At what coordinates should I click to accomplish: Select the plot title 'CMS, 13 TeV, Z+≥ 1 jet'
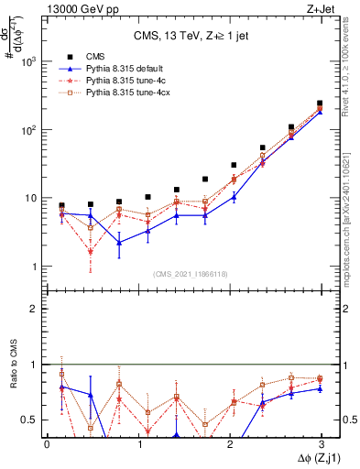182,36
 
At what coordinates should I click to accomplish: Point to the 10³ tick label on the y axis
30,61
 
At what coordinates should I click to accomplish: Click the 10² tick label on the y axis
30,130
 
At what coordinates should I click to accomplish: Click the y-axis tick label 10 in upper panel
32,199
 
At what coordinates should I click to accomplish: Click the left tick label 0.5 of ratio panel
30,420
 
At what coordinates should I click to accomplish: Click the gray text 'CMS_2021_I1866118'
190,274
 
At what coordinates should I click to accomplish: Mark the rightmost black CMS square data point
319,104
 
